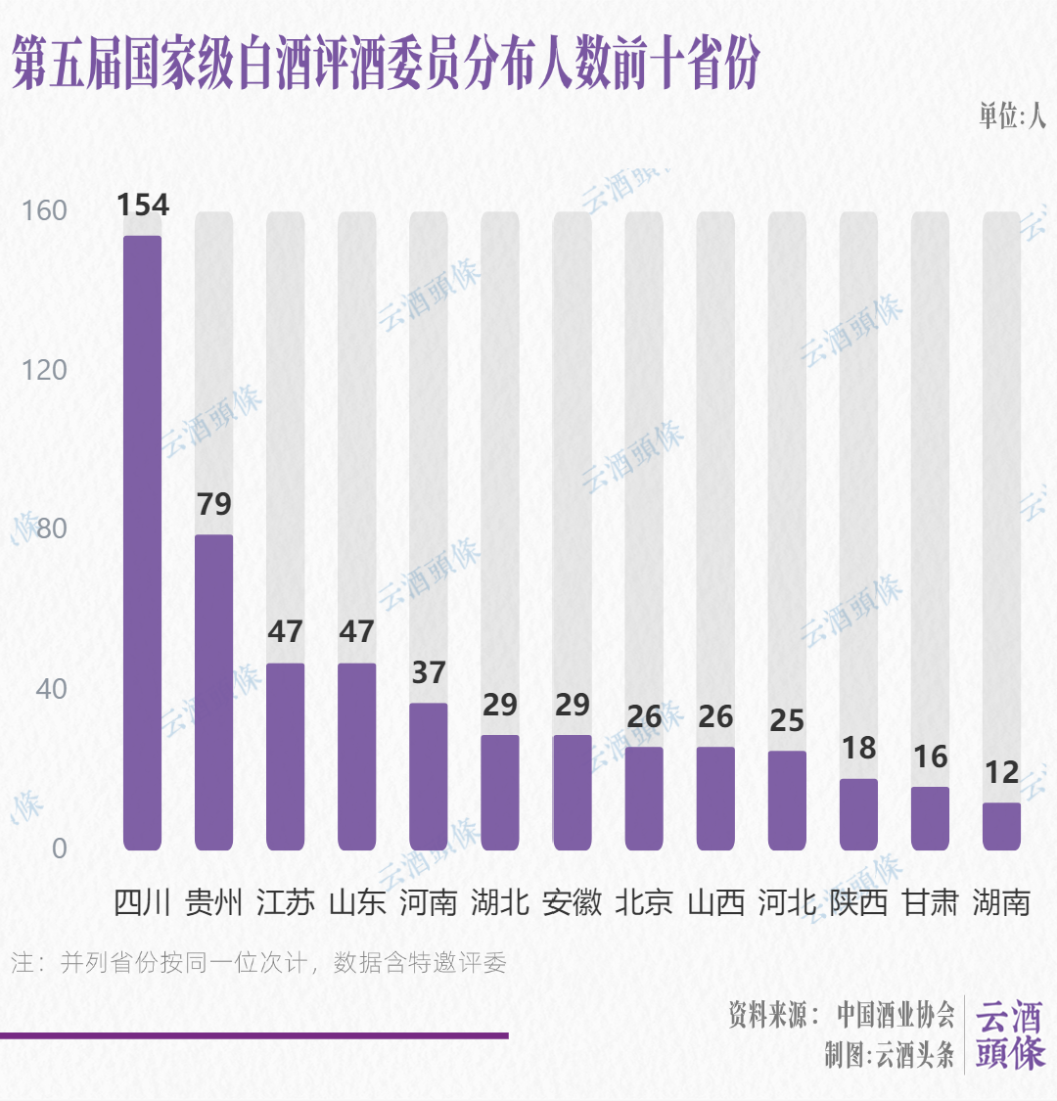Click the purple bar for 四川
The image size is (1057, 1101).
(x=142, y=543)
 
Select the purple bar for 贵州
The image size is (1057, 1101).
(x=213, y=692)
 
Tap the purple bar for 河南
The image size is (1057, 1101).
(x=428, y=776)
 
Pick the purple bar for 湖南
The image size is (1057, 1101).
(x=1001, y=826)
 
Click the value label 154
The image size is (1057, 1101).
(x=142, y=206)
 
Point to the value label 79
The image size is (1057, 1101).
(x=213, y=504)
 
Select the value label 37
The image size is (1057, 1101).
(x=428, y=672)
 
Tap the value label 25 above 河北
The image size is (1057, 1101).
(x=787, y=720)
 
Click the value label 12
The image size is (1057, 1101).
(x=1001, y=772)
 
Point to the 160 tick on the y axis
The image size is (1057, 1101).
(x=45, y=210)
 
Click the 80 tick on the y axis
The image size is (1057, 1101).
(x=51, y=528)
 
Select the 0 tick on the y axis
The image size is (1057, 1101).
(x=59, y=848)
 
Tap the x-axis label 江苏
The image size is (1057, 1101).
(x=285, y=901)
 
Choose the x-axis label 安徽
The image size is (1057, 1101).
(x=572, y=901)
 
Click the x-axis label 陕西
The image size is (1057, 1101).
(x=858, y=901)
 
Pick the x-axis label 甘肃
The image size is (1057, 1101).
(x=930, y=901)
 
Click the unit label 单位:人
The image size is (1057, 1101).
(x=1012, y=115)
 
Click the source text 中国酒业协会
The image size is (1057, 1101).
(x=895, y=1015)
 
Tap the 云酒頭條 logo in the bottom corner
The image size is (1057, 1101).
(x=1010, y=1035)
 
